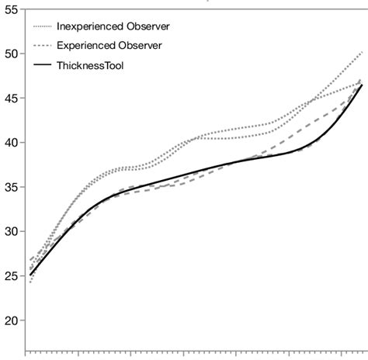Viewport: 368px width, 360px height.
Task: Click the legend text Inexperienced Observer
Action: click(x=113, y=26)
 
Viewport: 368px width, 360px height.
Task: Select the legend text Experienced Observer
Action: click(x=109, y=46)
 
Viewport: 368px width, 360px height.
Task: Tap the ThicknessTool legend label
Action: click(x=90, y=66)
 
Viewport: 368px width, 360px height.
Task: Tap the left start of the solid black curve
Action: click(x=30, y=275)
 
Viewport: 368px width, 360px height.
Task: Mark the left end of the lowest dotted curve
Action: click(x=30, y=282)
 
